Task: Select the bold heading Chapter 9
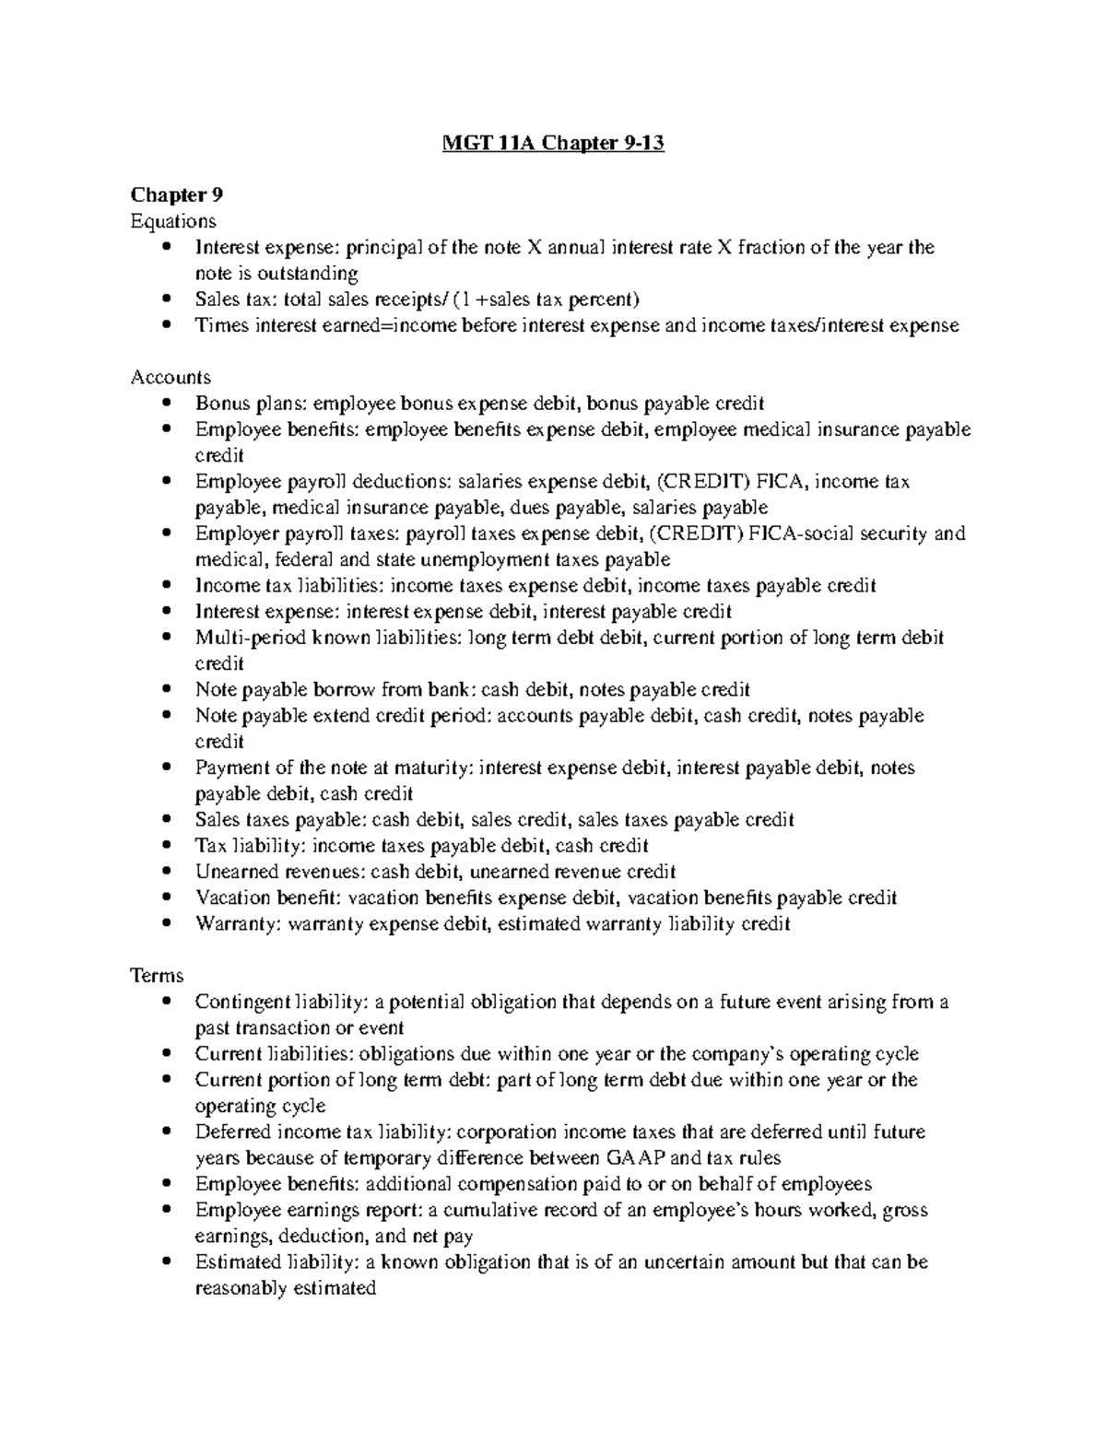coord(177,194)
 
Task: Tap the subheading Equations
coord(173,221)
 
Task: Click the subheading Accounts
coord(171,377)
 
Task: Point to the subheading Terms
coord(157,975)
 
